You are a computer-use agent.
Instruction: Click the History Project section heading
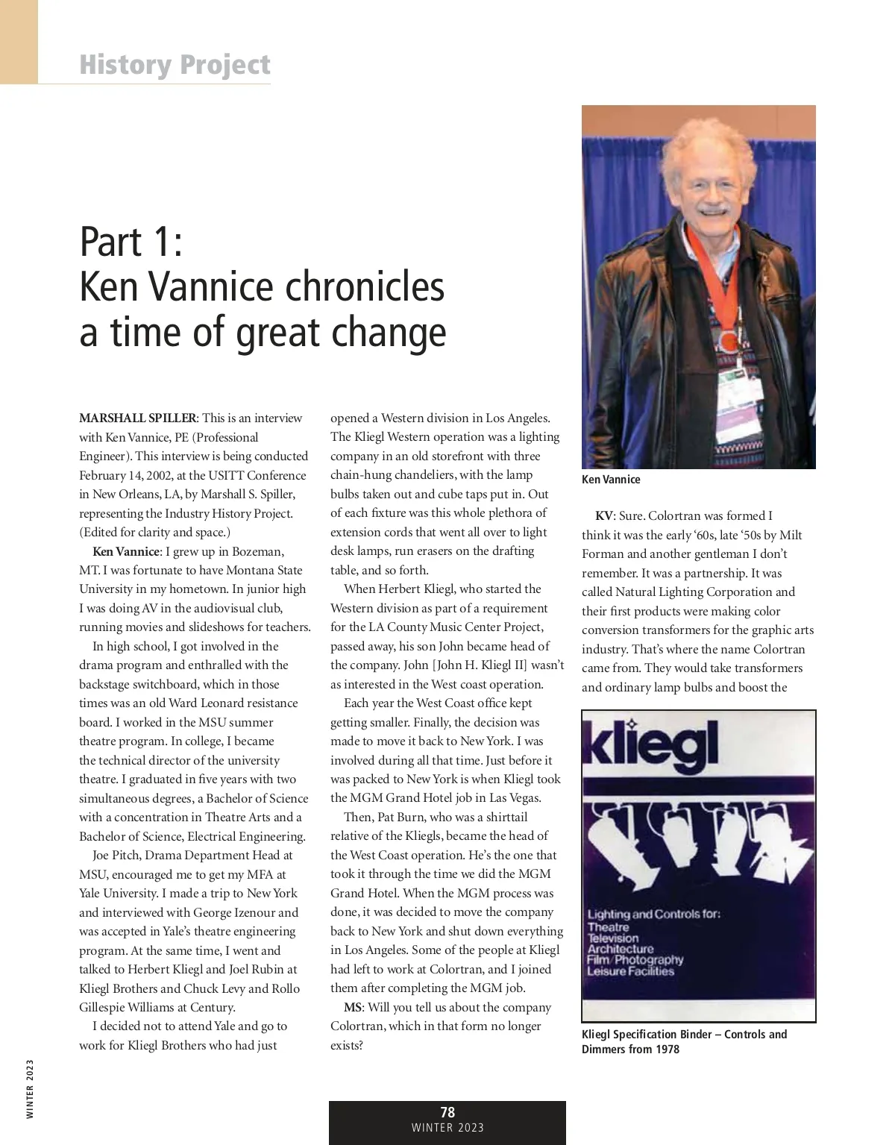pyautogui.click(x=175, y=65)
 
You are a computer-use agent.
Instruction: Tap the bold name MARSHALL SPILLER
pyautogui.click(x=138, y=418)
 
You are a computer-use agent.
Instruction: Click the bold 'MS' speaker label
pyautogui.click(x=353, y=1008)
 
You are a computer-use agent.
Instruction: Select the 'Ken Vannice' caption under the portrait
pyautogui.click(x=611, y=480)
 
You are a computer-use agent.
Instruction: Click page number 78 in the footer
pyautogui.click(x=447, y=1113)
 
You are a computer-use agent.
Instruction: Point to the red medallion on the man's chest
pyautogui.click(x=725, y=342)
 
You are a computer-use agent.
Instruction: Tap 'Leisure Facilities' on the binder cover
pyautogui.click(x=630, y=971)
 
